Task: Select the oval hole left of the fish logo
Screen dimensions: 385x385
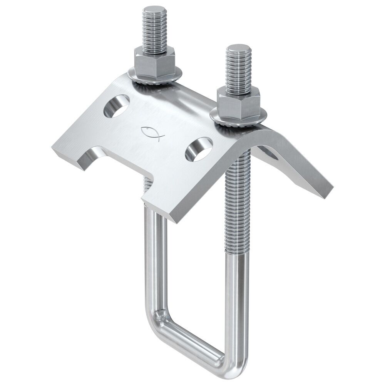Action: (x=116, y=107)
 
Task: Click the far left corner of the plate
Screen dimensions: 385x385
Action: (x=54, y=148)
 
